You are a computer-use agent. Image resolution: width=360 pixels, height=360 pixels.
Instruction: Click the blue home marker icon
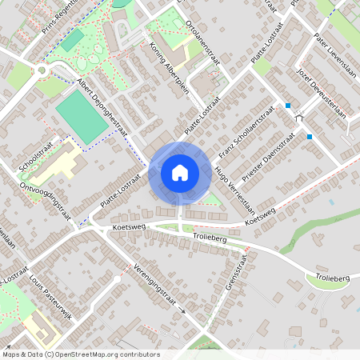pos(180,173)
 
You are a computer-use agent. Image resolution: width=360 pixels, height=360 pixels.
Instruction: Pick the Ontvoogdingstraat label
pos(45,200)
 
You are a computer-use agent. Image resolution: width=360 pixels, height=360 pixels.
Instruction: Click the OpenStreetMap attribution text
pos(81,354)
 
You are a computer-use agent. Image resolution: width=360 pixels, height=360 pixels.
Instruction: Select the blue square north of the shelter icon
pos(288,106)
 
